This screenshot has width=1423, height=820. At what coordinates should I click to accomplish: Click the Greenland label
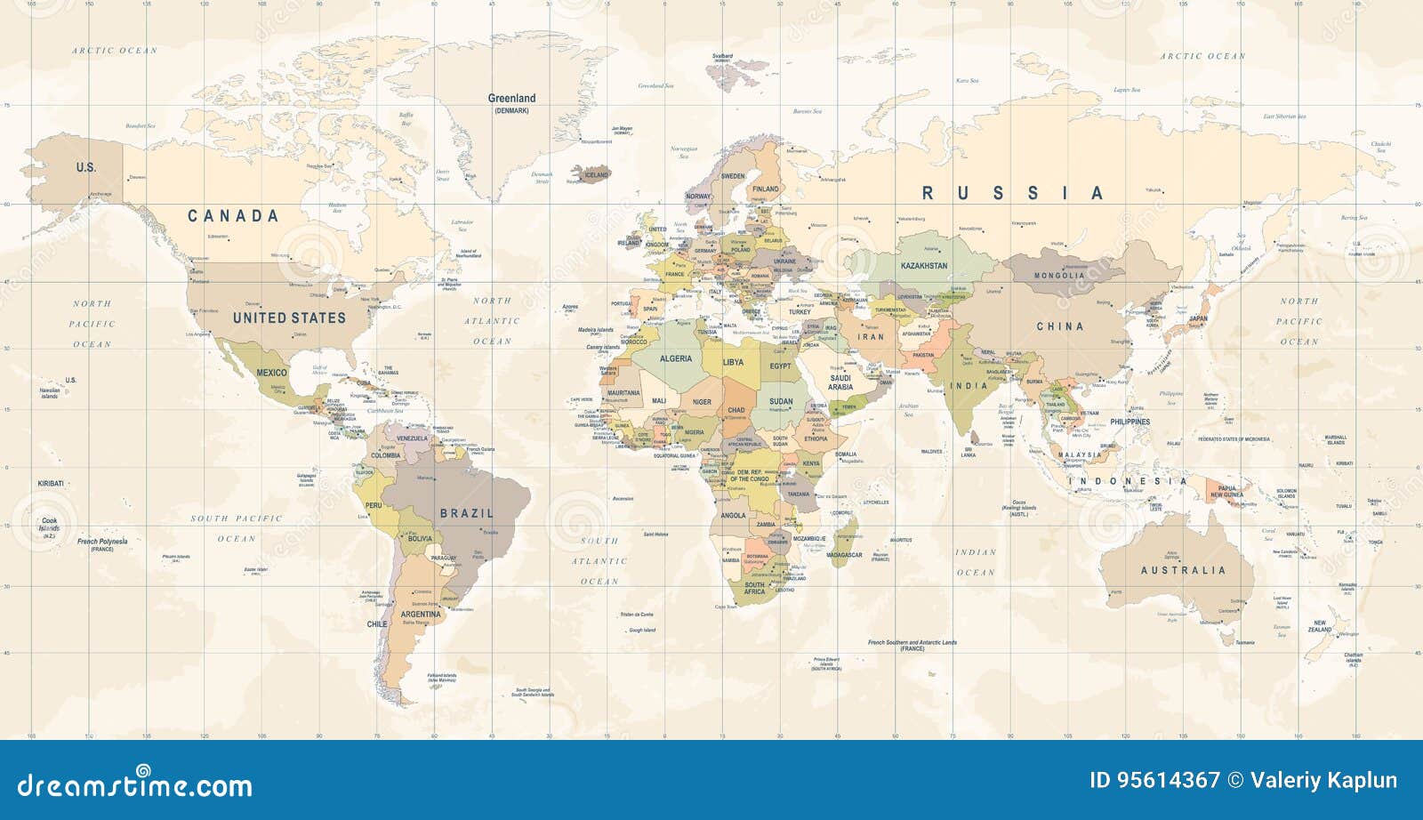[x=511, y=99]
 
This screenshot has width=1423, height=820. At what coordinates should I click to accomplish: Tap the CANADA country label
[x=233, y=216]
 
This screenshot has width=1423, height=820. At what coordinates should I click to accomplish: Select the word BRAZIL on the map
[x=466, y=513]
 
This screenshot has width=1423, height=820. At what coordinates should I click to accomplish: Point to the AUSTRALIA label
[x=1183, y=570]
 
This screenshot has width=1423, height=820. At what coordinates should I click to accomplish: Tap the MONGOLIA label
[x=1058, y=276]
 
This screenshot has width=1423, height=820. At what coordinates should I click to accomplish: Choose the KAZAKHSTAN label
[x=924, y=266]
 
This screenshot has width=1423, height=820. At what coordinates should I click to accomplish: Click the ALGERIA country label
[x=676, y=358]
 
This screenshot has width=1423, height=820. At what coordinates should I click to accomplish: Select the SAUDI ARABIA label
[x=840, y=382]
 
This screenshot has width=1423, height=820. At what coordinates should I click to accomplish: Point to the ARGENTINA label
[x=421, y=615]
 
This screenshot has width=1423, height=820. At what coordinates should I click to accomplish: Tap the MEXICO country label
[x=271, y=373]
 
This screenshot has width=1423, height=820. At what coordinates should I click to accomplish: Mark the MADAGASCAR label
[x=844, y=555]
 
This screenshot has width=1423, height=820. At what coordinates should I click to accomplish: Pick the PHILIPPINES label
[x=1130, y=422]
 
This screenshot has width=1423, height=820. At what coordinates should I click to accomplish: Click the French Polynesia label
[x=102, y=542]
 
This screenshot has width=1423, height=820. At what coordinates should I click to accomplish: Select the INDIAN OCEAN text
[x=976, y=562]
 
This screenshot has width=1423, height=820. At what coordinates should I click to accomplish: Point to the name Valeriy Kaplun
[x=1323, y=781]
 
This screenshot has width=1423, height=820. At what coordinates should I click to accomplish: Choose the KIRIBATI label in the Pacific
[x=51, y=483]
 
